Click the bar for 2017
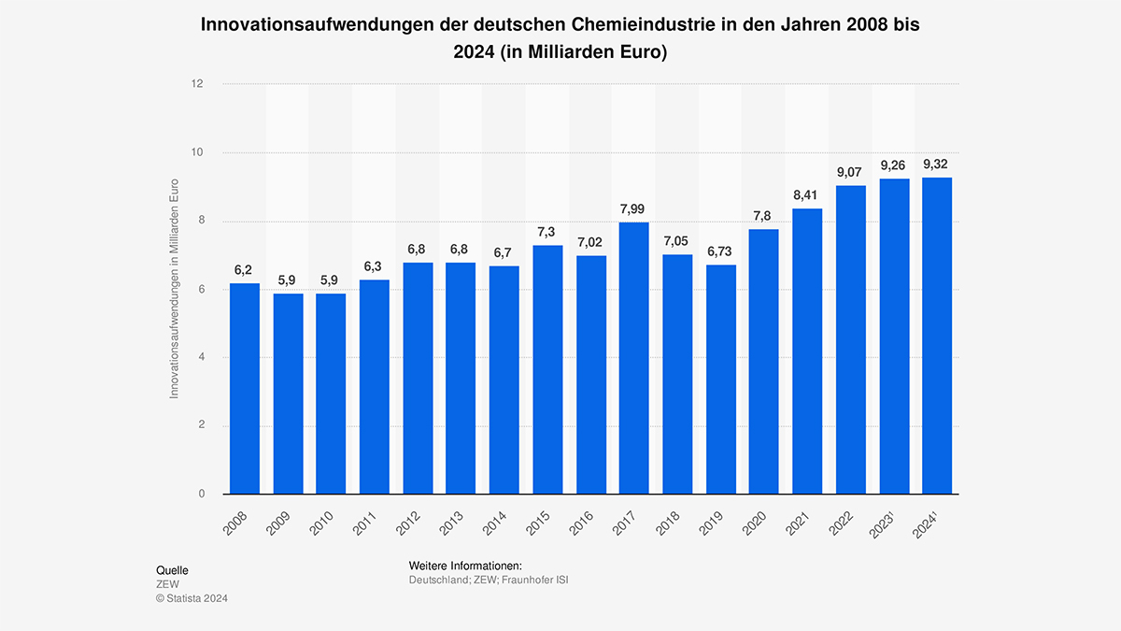634,358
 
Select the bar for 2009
288,394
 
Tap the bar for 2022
851,339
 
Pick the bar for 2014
504,380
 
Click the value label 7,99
634,208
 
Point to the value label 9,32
937,164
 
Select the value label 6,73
721,251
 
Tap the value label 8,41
807,194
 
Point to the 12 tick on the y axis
197,84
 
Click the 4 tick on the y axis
200,358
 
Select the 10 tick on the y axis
197,152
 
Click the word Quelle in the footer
172,569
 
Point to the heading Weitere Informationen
464,566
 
